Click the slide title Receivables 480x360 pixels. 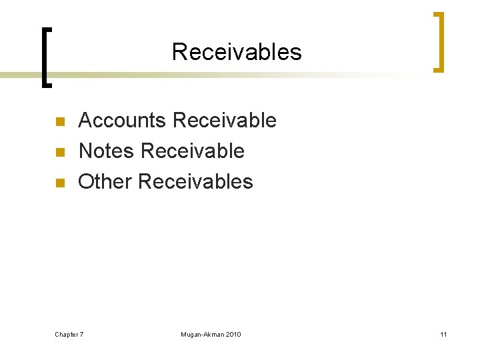tap(237, 52)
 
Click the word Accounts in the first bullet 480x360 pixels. tap(122, 121)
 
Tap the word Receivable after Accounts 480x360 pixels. tap(224, 121)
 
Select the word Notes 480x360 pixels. tap(106, 151)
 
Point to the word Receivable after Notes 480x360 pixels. tap(192, 151)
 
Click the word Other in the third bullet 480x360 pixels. tap(105, 181)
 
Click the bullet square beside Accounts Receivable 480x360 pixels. tap(59, 122)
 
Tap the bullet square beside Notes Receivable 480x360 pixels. tap(59, 153)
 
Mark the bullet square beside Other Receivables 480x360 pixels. tap(59, 183)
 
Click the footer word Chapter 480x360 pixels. tap(66, 334)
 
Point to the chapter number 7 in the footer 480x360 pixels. tap(81, 334)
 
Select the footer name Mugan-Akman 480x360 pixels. tap(203, 334)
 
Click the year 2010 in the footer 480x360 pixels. tap(233, 334)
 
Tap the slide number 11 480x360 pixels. tap(443, 334)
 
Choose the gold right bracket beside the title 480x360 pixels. tap(439, 41)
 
